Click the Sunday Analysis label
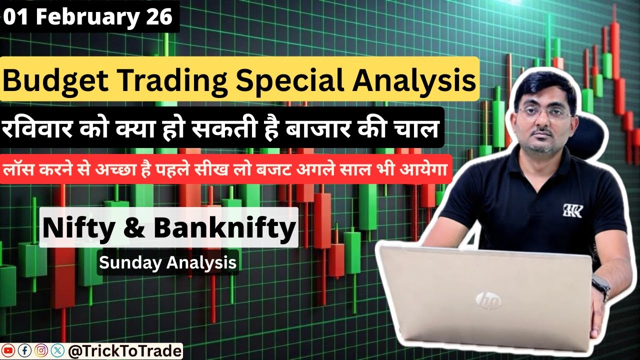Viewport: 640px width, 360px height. [x=167, y=262]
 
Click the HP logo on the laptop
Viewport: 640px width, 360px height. [x=484, y=299]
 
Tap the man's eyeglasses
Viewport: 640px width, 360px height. [x=544, y=112]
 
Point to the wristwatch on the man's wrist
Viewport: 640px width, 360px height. [x=601, y=287]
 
